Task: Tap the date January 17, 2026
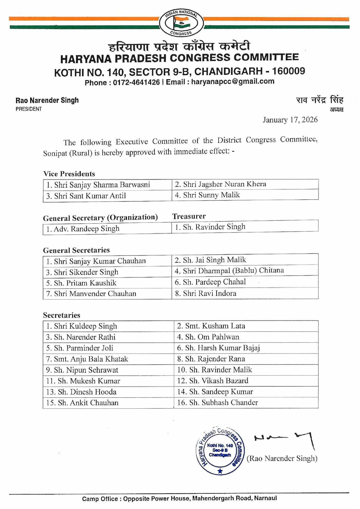[x=290, y=120]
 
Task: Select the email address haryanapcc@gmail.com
[x=232, y=81]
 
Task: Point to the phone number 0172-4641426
[x=136, y=82]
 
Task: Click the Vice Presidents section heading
[x=69, y=174]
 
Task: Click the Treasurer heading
[x=189, y=216]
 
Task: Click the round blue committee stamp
[x=220, y=451]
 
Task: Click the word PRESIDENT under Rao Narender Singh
[x=29, y=109]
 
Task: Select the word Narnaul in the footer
[x=265, y=498]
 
